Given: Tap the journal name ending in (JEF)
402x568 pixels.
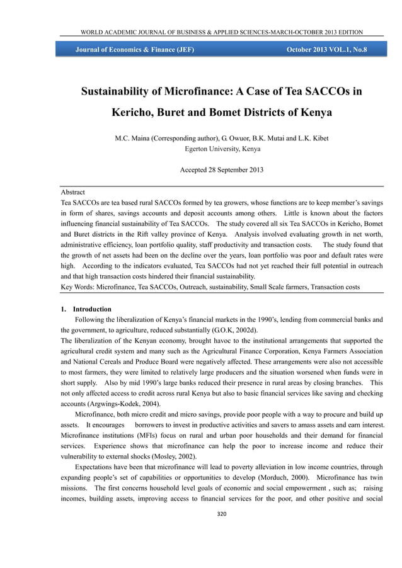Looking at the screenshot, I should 135,49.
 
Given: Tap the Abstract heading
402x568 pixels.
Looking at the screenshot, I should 72,191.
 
